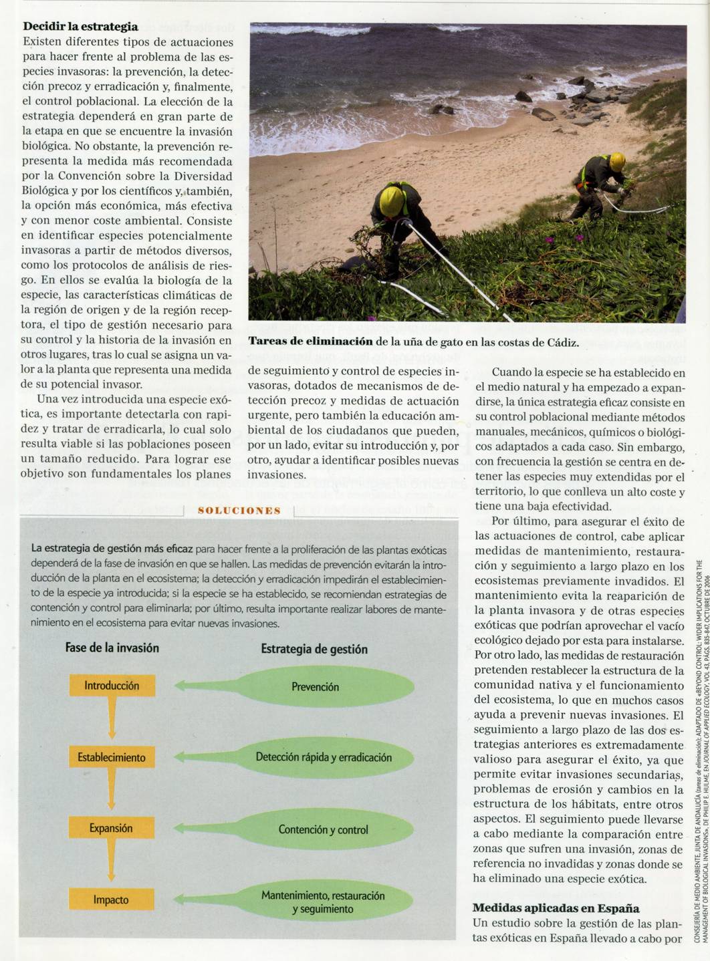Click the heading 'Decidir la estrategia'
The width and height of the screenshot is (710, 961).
80,27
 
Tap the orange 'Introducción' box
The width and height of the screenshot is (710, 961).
112,686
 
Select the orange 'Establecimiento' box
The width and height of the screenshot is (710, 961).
112,757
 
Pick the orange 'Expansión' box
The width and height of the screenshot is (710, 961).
112,828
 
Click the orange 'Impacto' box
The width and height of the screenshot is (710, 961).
112,900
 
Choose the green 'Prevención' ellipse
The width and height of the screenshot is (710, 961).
315,686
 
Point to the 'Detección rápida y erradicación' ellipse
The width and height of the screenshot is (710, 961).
324,757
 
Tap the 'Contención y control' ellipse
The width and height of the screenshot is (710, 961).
324,829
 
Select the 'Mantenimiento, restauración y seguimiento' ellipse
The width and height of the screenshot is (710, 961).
324,902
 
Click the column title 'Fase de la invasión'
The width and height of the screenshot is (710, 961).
112,648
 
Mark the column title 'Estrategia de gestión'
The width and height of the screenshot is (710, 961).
314,649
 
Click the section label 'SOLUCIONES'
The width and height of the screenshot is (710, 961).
239,511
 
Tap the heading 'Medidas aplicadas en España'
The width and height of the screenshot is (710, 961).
556,908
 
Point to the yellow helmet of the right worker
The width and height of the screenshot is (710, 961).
617,160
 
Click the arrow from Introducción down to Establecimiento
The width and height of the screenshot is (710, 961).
112,721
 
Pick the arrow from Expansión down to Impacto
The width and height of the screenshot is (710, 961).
112,863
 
